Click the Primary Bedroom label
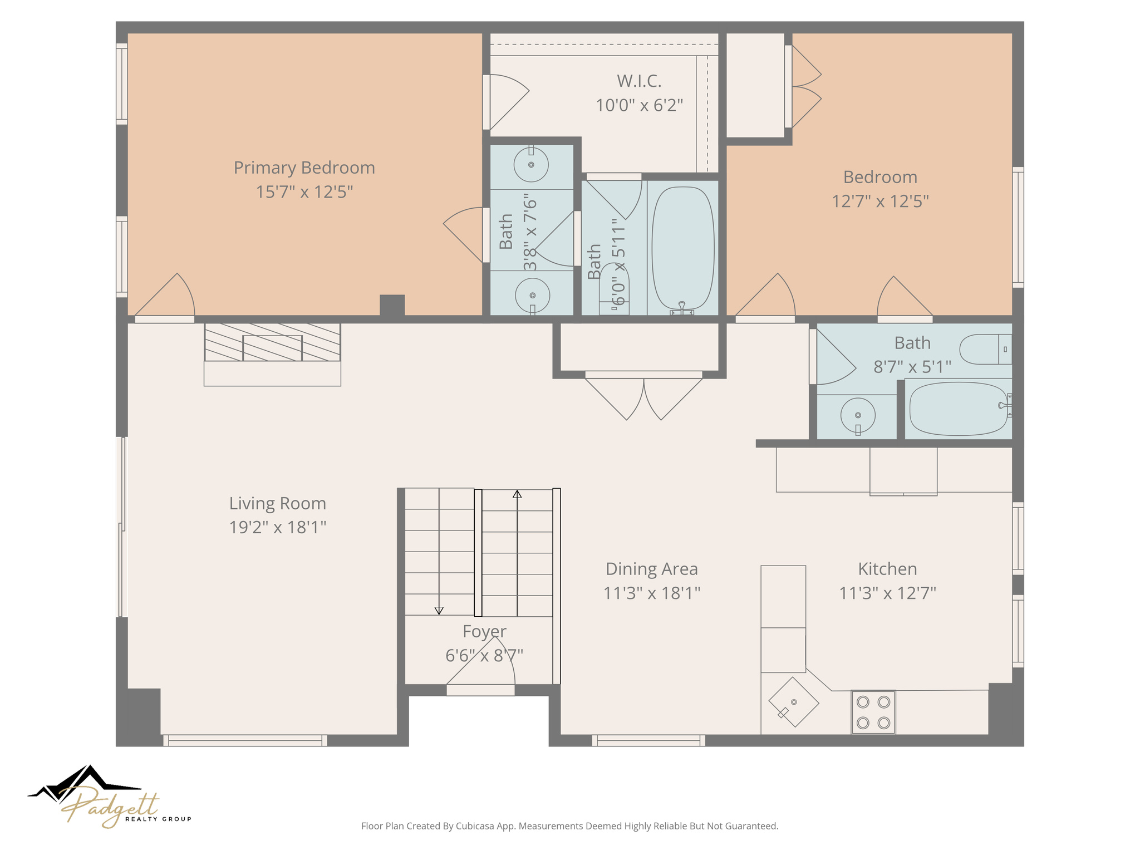[304, 168]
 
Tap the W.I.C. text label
[639, 81]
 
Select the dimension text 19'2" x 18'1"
[277, 527]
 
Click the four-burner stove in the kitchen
[873, 712]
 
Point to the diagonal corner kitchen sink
[793, 702]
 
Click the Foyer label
[484, 632]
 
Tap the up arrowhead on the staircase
[517, 494]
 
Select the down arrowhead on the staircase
[439, 611]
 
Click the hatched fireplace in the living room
[272, 342]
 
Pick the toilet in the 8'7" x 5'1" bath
[985, 349]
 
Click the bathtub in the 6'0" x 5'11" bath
[683, 248]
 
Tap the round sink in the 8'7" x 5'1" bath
[857, 415]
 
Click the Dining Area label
[651, 569]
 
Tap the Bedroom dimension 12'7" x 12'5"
[880, 202]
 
